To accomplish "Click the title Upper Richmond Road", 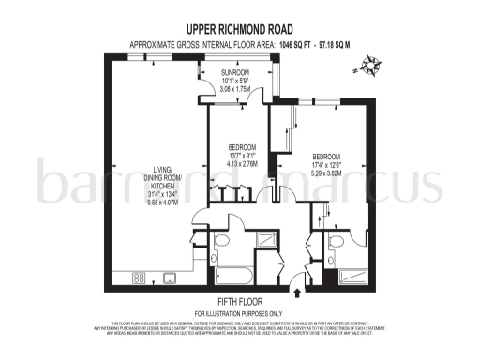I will click(x=240, y=30).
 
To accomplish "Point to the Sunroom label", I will click(x=235, y=72).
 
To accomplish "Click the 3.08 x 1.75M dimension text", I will click(x=235, y=89).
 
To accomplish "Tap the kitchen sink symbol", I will click(x=172, y=277).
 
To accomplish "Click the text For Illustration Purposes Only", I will click(x=240, y=312).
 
